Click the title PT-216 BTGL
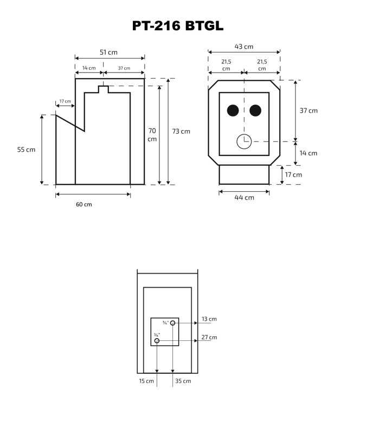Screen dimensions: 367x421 (x=178, y=26)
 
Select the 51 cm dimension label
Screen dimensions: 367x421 (x=108, y=53)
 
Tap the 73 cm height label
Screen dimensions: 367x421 (x=181, y=131)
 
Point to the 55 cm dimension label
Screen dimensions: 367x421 (x=27, y=150)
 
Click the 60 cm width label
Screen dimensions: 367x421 (x=84, y=205)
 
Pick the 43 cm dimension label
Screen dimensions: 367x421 (x=244, y=47)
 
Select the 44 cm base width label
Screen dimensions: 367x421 (x=244, y=198)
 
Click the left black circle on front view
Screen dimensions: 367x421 (x=233, y=111)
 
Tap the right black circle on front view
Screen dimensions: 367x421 (x=255, y=111)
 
